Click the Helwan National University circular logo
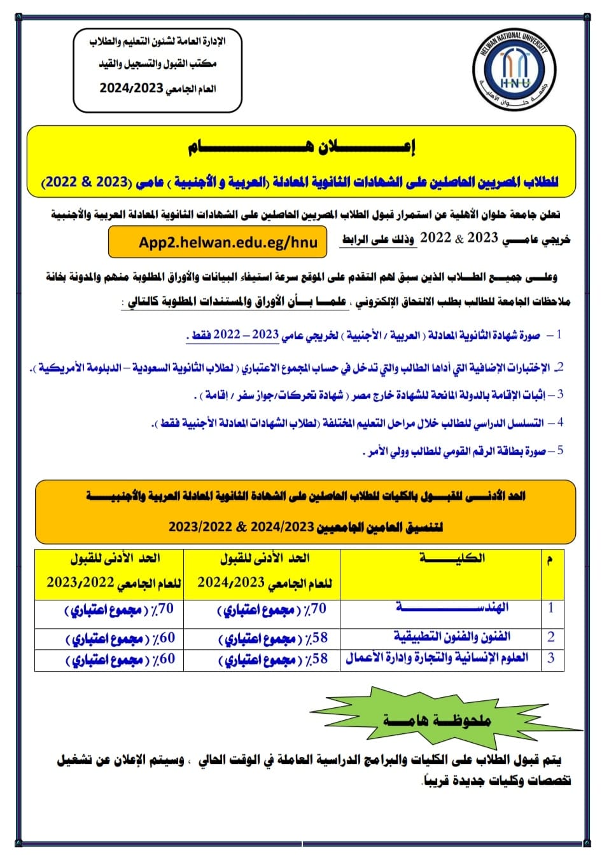click(x=515, y=70)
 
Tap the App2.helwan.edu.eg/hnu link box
click(x=218, y=242)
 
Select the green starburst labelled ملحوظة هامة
click(x=437, y=720)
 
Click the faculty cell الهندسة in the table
click(x=452, y=607)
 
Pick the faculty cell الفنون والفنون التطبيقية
click(x=452, y=637)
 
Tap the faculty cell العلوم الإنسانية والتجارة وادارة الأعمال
click(x=438, y=658)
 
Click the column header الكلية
click(x=452, y=558)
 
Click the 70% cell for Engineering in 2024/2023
click(x=272, y=609)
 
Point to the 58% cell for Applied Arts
click(x=273, y=639)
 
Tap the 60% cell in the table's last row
click(x=120, y=660)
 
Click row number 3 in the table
click(x=551, y=658)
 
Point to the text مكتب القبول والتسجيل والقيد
click(x=158, y=64)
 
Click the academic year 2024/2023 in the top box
click(x=132, y=88)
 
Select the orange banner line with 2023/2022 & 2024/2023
click(x=305, y=527)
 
